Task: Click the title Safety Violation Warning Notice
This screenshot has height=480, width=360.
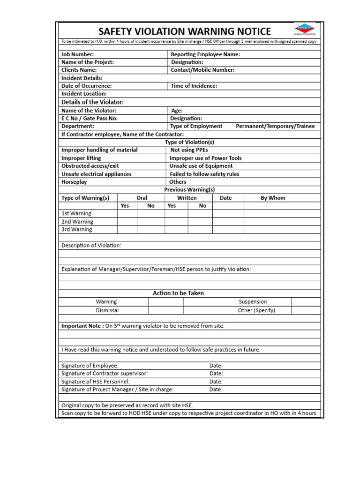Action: coord(184,31)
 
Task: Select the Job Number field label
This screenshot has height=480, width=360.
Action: coord(78,54)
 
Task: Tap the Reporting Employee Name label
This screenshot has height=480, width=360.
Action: coord(205,54)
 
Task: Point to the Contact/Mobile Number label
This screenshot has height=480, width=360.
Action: coord(202,70)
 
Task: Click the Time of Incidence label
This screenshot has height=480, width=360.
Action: coord(194,86)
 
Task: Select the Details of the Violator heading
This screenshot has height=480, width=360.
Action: coord(93,102)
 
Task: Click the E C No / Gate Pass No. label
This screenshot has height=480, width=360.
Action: coord(90,118)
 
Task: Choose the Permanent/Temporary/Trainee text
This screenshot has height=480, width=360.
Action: coord(275,126)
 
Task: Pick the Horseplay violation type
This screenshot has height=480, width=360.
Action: coord(74,182)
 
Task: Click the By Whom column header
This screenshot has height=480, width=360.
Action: coord(273,198)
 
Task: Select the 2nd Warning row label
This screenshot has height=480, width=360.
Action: coord(77,222)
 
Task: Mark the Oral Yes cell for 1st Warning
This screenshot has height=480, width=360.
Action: coord(127,214)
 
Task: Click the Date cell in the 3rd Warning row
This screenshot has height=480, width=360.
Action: coord(228,230)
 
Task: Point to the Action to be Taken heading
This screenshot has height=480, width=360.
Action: coord(178,293)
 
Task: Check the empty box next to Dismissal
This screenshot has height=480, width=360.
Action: coord(166,310)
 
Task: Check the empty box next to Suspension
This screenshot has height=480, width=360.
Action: coord(306,302)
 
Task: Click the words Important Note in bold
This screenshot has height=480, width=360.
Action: coord(82,326)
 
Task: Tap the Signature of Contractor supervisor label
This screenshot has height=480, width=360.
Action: coord(105,374)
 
